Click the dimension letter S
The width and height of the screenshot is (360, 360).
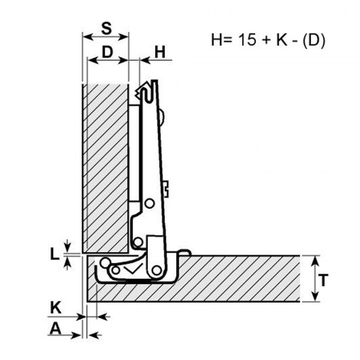click(107, 28)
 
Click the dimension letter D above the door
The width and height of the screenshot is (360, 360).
click(107, 52)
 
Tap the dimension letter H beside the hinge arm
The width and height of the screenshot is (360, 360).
click(160, 52)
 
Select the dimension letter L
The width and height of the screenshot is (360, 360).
click(54, 255)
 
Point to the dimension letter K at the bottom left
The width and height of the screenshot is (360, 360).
click(56, 307)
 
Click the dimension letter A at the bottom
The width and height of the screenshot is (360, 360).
click(56, 329)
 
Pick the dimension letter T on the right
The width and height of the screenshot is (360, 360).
click(323, 280)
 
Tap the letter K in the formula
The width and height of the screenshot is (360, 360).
click(281, 39)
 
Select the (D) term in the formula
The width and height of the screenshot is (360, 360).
click(314, 40)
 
